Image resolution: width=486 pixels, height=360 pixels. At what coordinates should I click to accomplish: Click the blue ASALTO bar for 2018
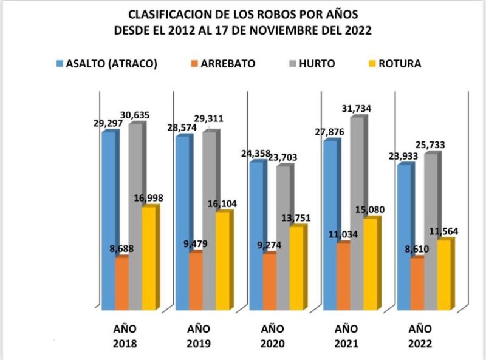108,219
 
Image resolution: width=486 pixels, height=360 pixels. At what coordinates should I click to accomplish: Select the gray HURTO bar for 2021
357,212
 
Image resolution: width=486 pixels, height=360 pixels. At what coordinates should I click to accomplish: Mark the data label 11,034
343,233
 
